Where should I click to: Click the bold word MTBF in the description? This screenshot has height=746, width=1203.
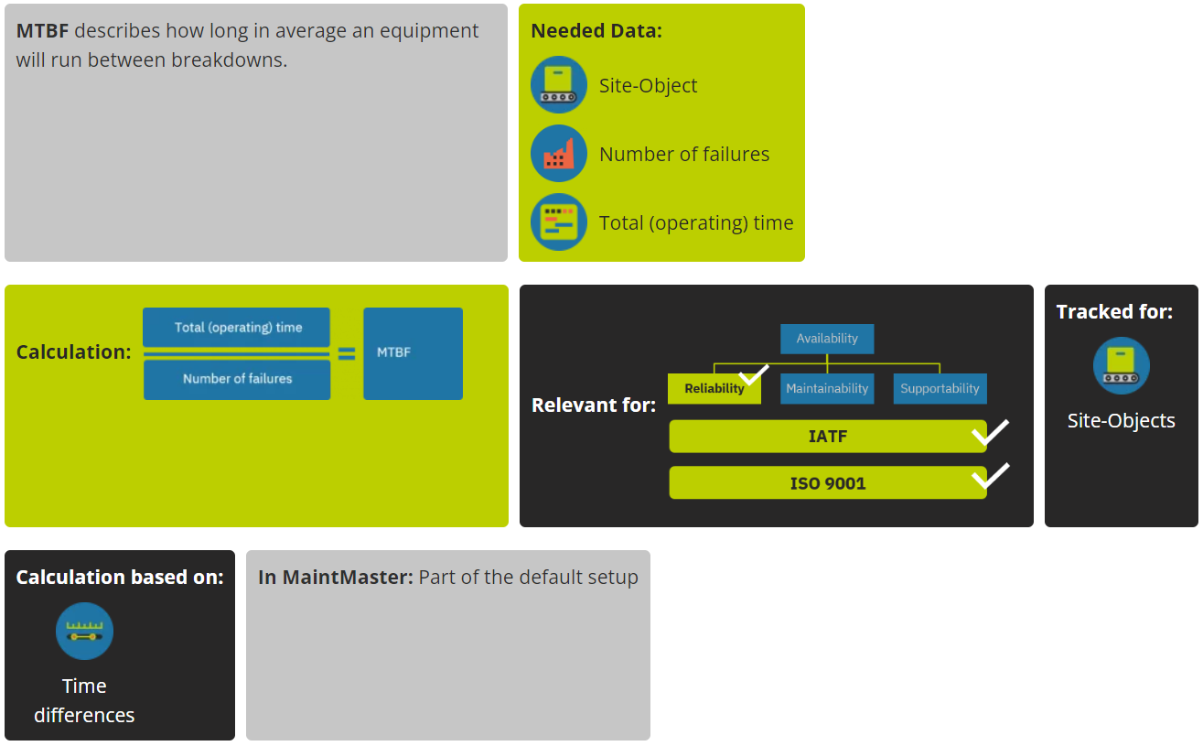point(42,31)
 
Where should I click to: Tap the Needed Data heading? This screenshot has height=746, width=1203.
point(596,31)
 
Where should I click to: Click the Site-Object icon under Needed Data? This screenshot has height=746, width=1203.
point(558,85)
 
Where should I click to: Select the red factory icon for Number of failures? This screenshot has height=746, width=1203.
point(558,154)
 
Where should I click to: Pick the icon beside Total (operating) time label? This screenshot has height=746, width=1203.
point(558,222)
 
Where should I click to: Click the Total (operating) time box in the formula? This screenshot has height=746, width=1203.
point(237,327)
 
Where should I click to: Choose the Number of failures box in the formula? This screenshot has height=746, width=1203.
point(237,379)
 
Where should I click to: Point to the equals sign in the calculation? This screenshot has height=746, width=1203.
point(347,353)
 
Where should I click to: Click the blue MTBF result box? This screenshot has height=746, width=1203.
point(413,353)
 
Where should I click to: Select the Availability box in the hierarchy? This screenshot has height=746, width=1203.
point(826,339)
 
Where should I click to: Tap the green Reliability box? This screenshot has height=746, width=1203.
point(714,389)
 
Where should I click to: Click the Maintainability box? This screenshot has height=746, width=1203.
point(826,389)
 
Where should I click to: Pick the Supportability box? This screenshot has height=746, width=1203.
point(940,389)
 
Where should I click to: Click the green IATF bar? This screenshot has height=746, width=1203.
point(827,437)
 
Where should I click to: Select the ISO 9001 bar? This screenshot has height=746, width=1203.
point(827,483)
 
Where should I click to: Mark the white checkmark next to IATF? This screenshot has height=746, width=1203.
point(990,431)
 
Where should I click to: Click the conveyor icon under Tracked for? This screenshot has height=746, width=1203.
point(1121,366)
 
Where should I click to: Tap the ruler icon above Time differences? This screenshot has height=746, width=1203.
point(84,631)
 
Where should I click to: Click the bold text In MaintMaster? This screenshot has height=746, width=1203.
point(336,578)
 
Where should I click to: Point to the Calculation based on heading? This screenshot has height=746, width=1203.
point(120,578)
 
